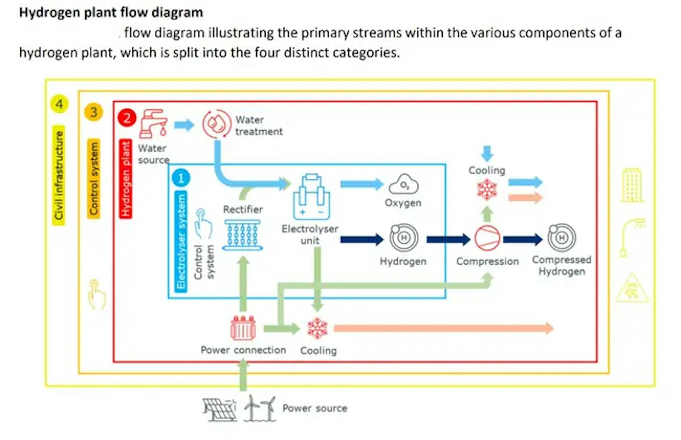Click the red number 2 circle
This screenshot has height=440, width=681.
127,118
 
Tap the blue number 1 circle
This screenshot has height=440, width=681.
181,178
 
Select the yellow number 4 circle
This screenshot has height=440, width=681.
59,104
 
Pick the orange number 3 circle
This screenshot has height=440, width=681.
93,112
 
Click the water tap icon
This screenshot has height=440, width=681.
153,124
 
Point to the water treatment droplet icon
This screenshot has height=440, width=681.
217,124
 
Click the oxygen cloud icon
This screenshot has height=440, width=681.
404,184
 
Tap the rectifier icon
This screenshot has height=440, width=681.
242,235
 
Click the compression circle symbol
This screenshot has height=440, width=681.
487,238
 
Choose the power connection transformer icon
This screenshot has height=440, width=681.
243,328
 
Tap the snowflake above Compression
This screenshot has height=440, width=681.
487,189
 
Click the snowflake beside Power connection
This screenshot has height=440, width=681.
317,328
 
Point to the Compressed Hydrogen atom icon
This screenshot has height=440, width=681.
562,237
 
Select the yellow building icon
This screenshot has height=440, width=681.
632,185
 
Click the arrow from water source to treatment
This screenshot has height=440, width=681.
184,125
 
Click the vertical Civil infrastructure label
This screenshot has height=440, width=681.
59,175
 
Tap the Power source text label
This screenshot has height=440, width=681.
315,408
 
